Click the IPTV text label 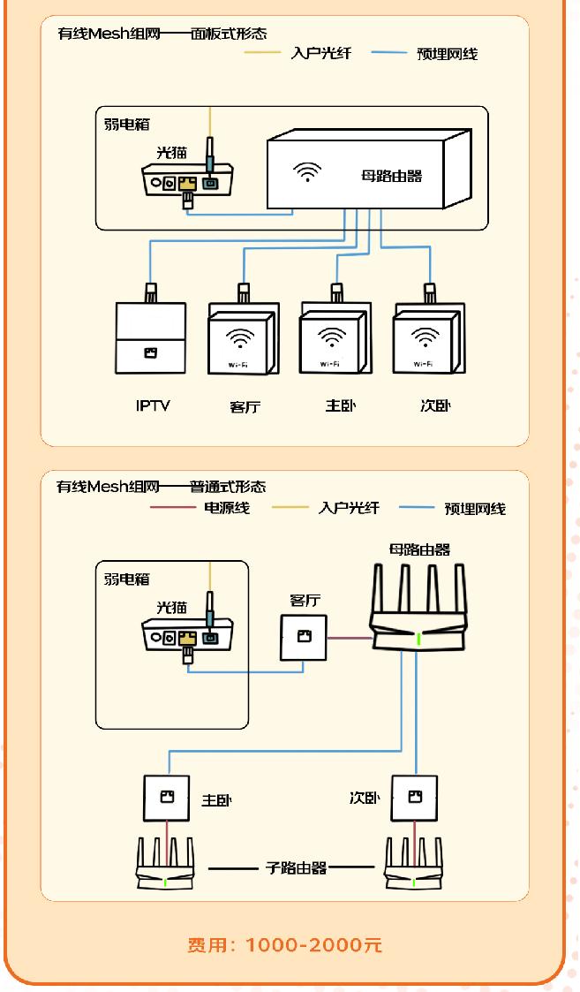[152, 406]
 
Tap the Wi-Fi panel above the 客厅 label [242, 342]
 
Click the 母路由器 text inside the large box [392, 176]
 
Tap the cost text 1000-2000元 [285, 944]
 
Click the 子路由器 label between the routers [297, 867]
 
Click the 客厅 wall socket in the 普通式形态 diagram [304, 637]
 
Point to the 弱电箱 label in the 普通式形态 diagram [127, 579]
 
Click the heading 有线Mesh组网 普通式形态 [161, 487]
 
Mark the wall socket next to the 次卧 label [414, 798]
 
